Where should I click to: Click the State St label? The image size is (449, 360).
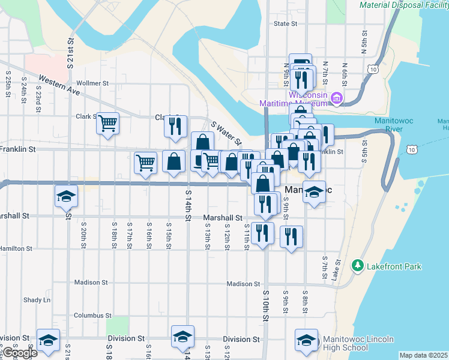[x=285, y=24]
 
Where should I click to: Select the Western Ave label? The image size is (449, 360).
[x=59, y=85]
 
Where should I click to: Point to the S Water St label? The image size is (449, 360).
[x=226, y=134]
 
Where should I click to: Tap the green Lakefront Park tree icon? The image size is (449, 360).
[x=358, y=265]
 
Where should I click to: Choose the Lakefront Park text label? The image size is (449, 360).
[x=394, y=266]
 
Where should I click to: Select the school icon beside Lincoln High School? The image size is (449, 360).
[x=307, y=340]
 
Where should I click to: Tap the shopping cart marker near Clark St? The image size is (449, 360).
[x=108, y=124]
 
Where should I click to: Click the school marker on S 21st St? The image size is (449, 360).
[x=67, y=196]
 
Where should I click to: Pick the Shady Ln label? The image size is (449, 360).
[x=37, y=300]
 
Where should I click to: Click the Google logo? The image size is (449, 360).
[x=20, y=353]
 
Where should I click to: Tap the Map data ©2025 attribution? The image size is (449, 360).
[x=423, y=355]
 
